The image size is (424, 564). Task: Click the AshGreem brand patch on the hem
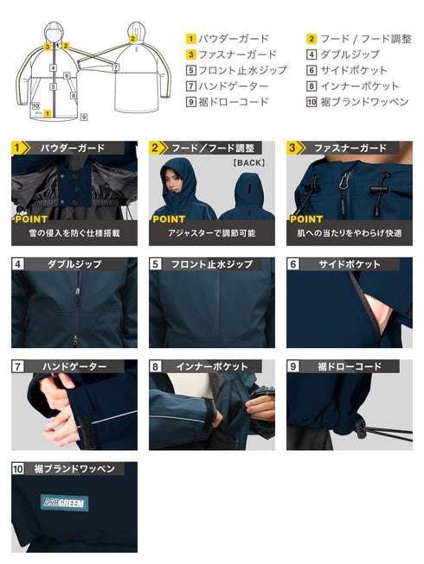(x=64, y=502)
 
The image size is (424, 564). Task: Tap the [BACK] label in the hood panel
(x=248, y=162)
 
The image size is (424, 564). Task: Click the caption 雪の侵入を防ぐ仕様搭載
(x=74, y=233)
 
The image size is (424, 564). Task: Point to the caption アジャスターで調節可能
(x=211, y=233)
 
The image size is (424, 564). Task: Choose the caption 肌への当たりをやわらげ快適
(x=349, y=233)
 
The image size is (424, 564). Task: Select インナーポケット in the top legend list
(x=359, y=86)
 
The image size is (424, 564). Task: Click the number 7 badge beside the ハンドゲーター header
(x=18, y=367)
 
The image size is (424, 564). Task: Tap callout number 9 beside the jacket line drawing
(x=84, y=115)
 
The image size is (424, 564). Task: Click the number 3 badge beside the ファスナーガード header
(x=293, y=148)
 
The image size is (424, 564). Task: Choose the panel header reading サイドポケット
(x=353, y=264)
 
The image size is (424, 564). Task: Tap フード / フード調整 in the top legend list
(x=365, y=39)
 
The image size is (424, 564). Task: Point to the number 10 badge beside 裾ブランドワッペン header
(x=19, y=469)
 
